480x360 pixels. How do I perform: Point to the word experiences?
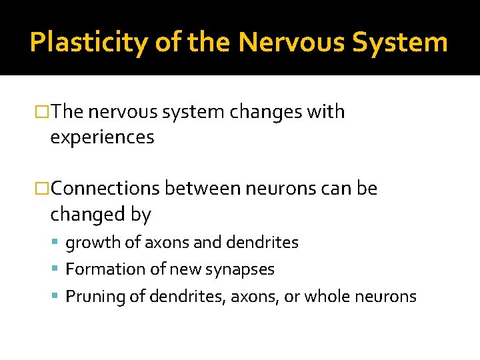tap(102, 137)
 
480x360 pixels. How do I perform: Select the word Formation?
tap(101, 269)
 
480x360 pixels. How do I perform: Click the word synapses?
tap(241, 269)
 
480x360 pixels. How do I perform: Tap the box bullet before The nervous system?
tap(43, 112)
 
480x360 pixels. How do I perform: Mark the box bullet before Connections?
tap(43, 189)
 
